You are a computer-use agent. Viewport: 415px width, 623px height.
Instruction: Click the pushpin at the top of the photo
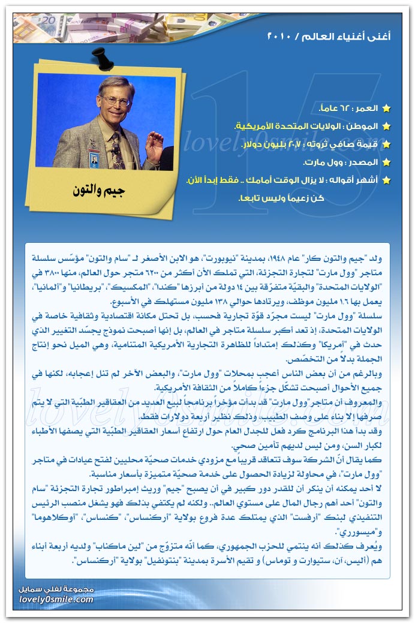99,58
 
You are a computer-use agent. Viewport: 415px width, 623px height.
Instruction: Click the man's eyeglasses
116,100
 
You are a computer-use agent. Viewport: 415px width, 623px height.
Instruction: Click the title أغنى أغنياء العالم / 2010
329,37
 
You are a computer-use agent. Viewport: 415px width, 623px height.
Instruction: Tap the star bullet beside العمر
386,109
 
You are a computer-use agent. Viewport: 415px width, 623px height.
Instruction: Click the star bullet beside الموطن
386,127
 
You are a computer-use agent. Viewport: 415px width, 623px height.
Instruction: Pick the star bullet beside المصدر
386,162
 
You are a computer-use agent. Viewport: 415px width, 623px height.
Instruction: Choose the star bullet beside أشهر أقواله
386,180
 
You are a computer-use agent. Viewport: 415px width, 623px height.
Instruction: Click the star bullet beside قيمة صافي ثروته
386,145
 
